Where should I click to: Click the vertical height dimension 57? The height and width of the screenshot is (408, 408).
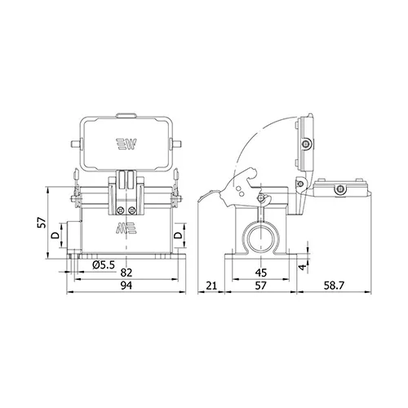42,223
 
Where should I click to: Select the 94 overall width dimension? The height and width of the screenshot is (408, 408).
126,286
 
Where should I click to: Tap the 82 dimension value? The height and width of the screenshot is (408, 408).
126,273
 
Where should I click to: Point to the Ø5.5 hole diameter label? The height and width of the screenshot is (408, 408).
104,264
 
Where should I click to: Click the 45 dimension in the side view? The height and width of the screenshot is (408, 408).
261,273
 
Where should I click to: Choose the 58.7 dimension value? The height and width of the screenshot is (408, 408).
334,286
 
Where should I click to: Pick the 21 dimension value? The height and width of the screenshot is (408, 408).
211,286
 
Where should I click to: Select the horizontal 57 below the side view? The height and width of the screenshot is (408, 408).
260,286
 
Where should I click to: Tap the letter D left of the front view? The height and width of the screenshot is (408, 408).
55,235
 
